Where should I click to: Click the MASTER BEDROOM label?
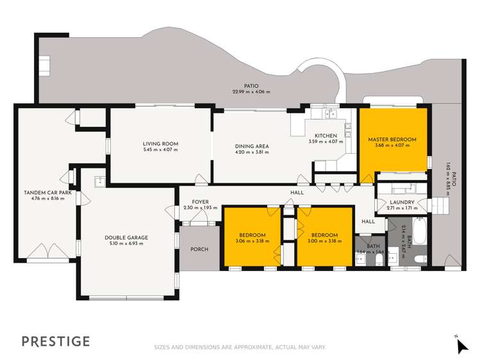392,140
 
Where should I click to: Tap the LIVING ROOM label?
160,143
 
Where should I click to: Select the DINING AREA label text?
252,146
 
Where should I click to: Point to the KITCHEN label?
326,136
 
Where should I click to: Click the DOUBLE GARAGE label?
126,238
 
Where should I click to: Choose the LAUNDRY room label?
402,202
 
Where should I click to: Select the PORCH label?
199,249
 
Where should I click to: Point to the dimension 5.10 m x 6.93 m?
126,244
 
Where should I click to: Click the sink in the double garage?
100,181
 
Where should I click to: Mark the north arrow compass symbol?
461,345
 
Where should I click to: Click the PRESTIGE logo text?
56,341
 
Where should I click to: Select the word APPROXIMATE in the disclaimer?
252,347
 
